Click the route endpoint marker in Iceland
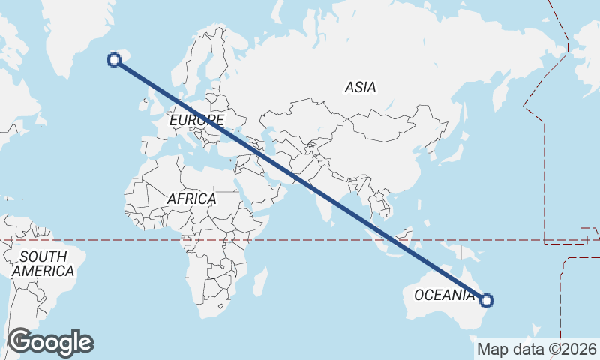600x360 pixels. tap(115, 61)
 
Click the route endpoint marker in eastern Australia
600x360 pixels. tap(487, 301)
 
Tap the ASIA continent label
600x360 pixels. tap(360, 88)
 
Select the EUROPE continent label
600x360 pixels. tap(196, 120)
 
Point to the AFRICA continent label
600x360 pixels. tap(192, 199)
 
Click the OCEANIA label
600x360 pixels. tap(445, 295)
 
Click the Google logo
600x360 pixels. tap(50, 342)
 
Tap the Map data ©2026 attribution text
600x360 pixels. tap(537, 349)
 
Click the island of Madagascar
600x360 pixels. tap(259, 282)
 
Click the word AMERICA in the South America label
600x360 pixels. tap(43, 271)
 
